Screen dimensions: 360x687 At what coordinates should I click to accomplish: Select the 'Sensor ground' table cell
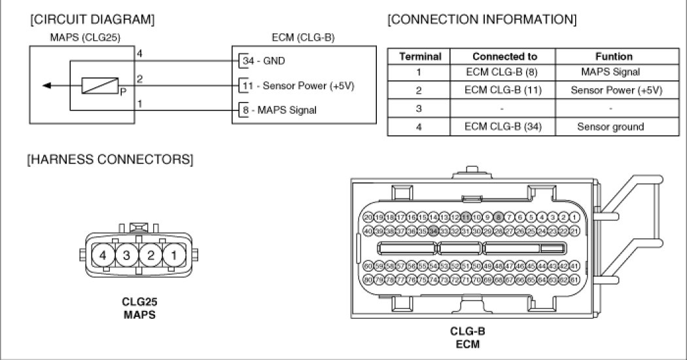pyautogui.click(x=610, y=126)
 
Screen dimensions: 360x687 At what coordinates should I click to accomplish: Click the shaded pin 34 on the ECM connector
pyautogui.click(x=432, y=230)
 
